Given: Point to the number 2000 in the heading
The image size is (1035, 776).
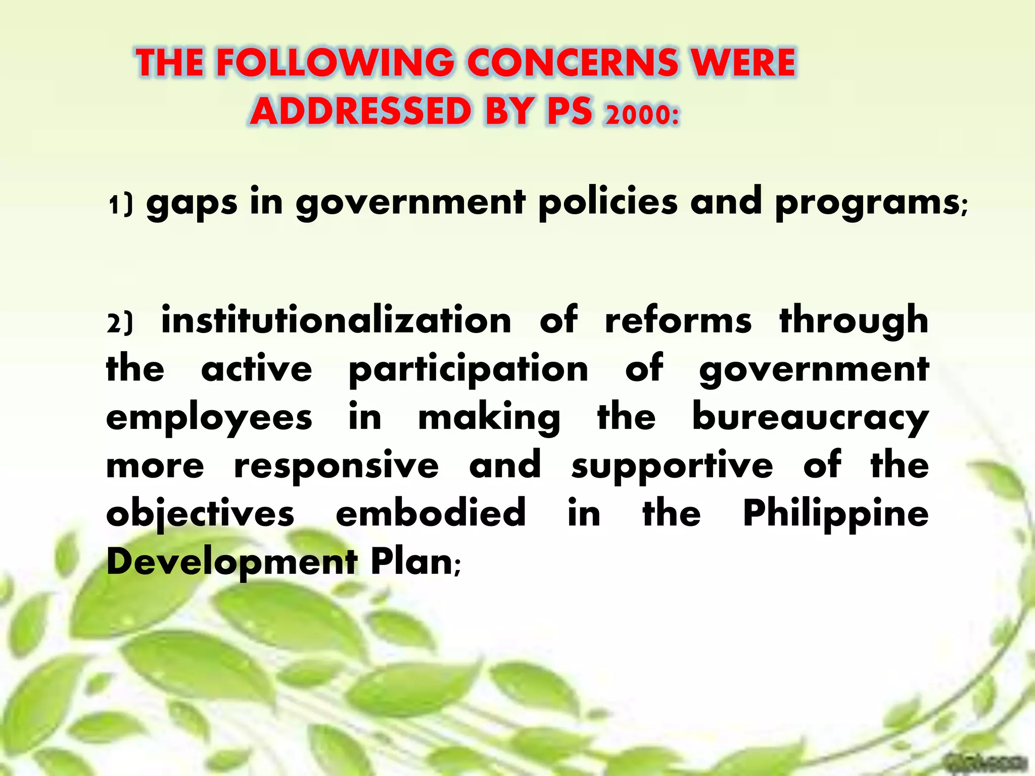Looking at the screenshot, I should click(x=642, y=114).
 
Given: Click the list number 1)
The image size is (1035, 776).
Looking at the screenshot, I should click(x=121, y=205).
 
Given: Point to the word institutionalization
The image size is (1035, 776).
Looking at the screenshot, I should click(x=336, y=320).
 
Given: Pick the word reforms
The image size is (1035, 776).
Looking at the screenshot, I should click(x=678, y=320).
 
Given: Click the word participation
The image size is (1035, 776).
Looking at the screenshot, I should click(x=468, y=370).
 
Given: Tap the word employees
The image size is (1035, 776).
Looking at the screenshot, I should click(x=209, y=418).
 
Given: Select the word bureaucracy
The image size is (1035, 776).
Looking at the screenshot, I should click(x=810, y=418).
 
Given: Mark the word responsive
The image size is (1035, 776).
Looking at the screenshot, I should click(x=336, y=466).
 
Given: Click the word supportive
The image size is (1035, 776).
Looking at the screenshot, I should click(x=672, y=466).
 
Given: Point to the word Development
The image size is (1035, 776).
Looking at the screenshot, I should click(x=232, y=562).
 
